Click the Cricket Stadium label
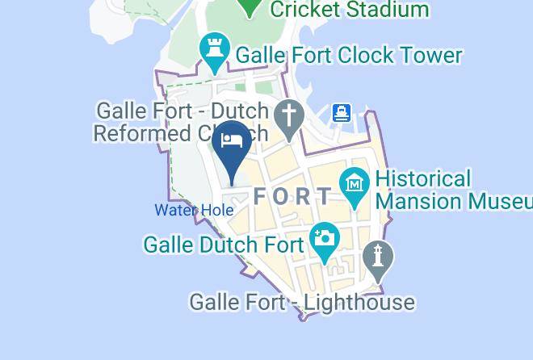click(349, 10)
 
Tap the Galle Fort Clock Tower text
click(348, 55)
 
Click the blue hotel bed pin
click(232, 144)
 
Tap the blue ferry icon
click(342, 113)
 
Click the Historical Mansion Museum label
click(452, 189)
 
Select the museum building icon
click(355, 183)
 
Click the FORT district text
click(292, 196)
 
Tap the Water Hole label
click(194, 210)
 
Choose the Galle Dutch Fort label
click(223, 244)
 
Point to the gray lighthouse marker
click(378, 257)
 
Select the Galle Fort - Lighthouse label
click(302, 303)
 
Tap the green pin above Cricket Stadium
click(250, 6)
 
